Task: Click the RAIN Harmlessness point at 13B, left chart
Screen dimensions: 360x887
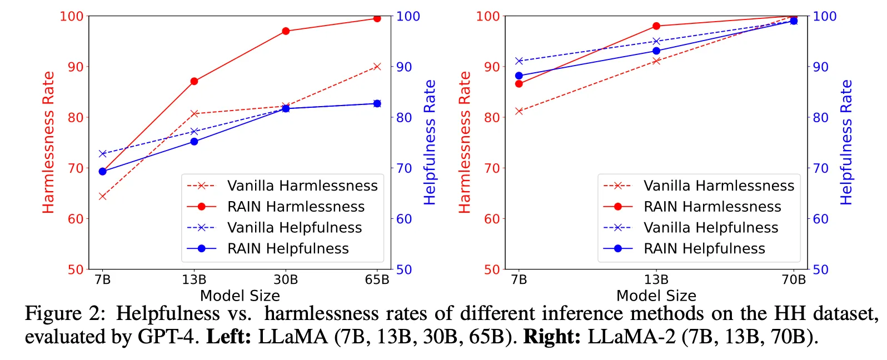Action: [194, 81]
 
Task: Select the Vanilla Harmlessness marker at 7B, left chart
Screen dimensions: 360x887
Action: [102, 196]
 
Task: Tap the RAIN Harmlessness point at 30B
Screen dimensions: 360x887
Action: [286, 31]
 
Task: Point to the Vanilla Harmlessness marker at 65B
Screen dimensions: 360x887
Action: [377, 67]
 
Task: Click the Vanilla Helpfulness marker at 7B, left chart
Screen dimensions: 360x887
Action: [102, 153]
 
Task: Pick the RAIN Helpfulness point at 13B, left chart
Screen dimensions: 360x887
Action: [194, 142]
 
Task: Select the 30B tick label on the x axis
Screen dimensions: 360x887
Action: [286, 279]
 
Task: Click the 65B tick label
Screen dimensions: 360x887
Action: [377, 279]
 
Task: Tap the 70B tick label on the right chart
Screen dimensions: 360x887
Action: [794, 279]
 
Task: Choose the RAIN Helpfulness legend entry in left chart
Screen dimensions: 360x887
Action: [288, 248]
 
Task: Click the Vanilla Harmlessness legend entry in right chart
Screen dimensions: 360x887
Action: [719, 186]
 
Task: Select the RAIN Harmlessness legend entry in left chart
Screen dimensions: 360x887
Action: [296, 207]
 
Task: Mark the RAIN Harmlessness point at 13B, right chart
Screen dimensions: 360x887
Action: [656, 26]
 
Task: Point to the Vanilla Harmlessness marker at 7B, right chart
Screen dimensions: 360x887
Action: [519, 111]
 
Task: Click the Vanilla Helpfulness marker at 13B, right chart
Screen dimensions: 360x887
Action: [656, 41]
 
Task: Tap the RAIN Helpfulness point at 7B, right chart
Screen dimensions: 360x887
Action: [519, 76]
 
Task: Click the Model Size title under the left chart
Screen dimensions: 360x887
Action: [240, 295]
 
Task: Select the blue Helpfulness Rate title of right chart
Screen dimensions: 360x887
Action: [846, 142]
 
